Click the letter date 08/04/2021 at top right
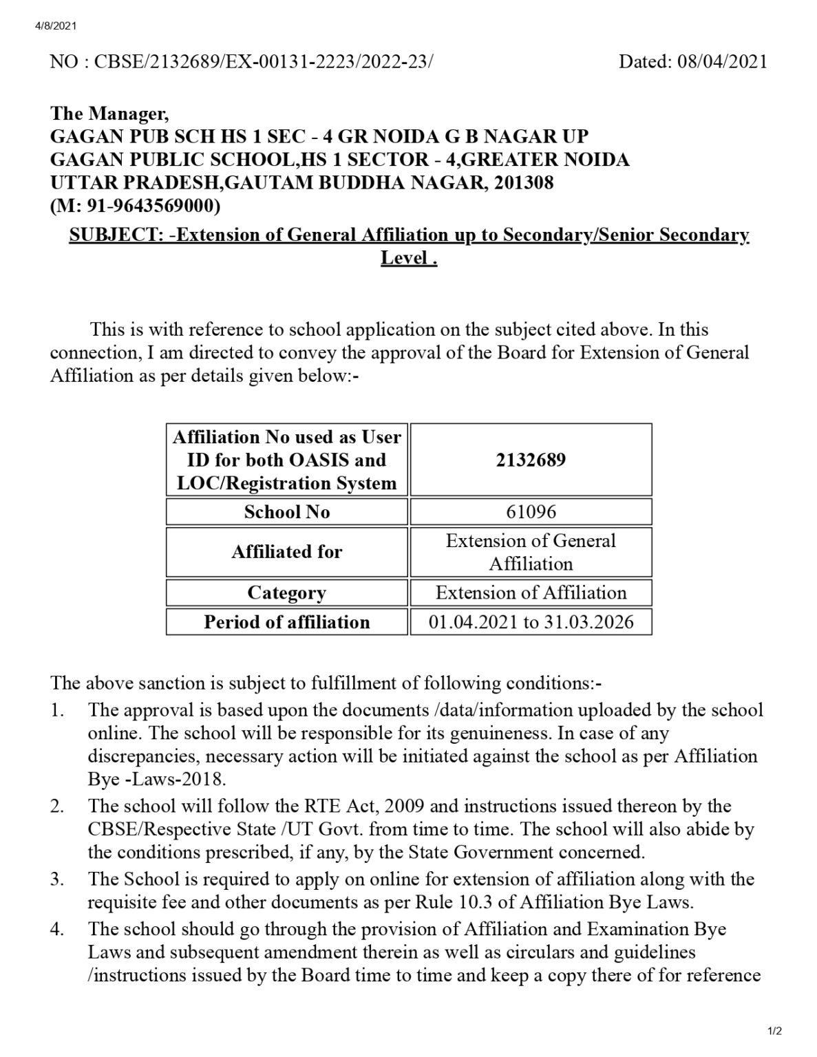[721, 62]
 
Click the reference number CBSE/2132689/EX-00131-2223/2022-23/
[264, 62]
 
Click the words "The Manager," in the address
[109, 113]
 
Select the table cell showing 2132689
[531, 460]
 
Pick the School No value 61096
[531, 512]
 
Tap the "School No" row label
[286, 512]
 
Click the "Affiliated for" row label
[286, 552]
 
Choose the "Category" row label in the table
[286, 592]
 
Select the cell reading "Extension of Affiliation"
[531, 592]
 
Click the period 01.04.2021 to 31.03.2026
[531, 622]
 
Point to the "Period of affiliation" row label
[286, 622]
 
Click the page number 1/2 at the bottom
[775, 1031]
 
